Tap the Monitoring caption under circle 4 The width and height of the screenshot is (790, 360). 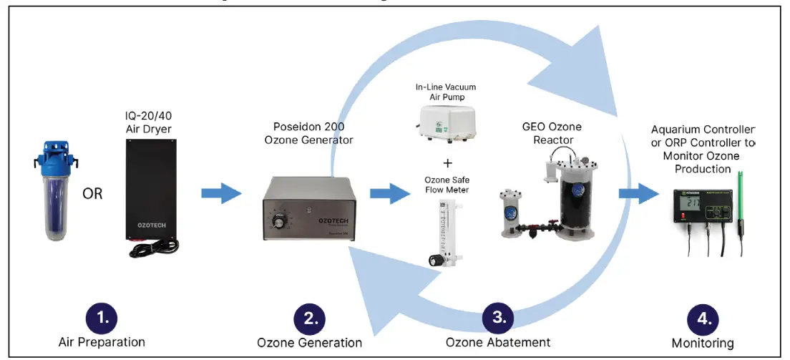(x=702, y=344)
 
